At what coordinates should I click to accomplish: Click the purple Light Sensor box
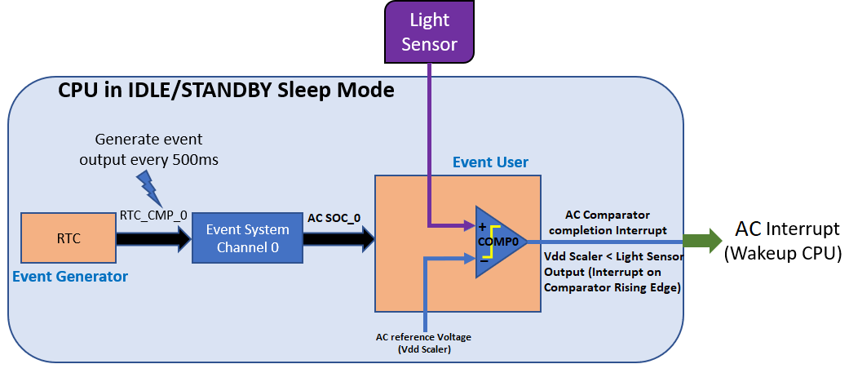coord(430,31)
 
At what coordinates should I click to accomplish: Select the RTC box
coord(68,239)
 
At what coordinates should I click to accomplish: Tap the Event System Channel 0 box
coord(246,239)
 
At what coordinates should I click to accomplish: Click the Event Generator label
coord(70,277)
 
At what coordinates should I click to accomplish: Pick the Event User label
coord(490,162)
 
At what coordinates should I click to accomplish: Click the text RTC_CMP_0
coord(153,215)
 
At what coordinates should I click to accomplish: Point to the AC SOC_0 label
coord(334,218)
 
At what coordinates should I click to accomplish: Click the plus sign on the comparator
coord(481,225)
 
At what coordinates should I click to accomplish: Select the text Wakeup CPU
coord(783,254)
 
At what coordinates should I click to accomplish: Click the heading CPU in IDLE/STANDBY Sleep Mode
coord(226,90)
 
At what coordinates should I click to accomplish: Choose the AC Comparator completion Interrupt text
coord(607,222)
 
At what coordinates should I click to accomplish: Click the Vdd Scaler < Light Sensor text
coord(612,255)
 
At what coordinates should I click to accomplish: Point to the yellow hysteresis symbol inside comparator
coord(493,242)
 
